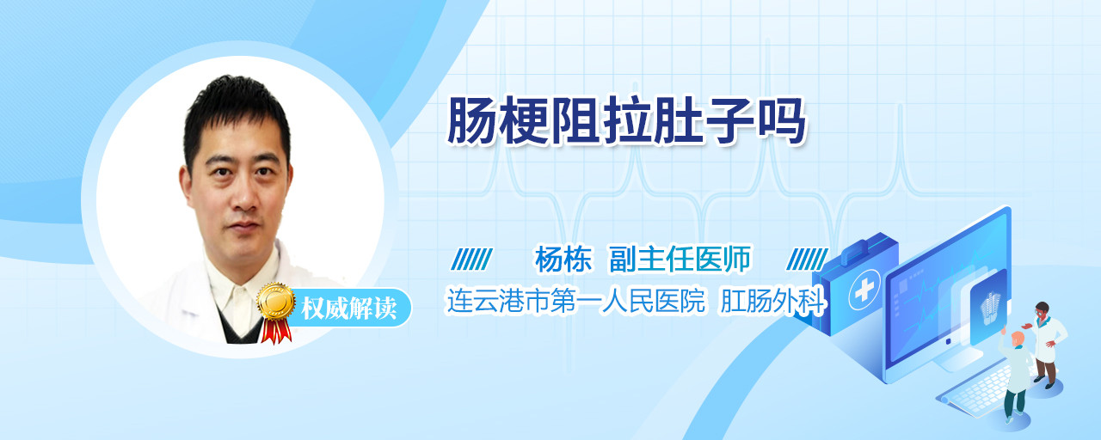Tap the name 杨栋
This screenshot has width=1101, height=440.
(563, 259)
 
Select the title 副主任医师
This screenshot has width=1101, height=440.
(680, 259)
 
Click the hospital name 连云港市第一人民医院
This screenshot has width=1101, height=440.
(575, 301)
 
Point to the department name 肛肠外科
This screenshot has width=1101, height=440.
(772, 301)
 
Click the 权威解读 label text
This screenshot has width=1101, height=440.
(348, 308)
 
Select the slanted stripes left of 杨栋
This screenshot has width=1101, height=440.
(472, 260)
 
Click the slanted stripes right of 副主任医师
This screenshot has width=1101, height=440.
(807, 260)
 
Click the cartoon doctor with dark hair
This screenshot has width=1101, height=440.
(1046, 344)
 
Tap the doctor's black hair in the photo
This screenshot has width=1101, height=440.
(236, 113)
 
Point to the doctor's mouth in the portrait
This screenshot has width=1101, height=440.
(244, 226)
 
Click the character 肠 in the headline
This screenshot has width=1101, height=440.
(472, 121)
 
